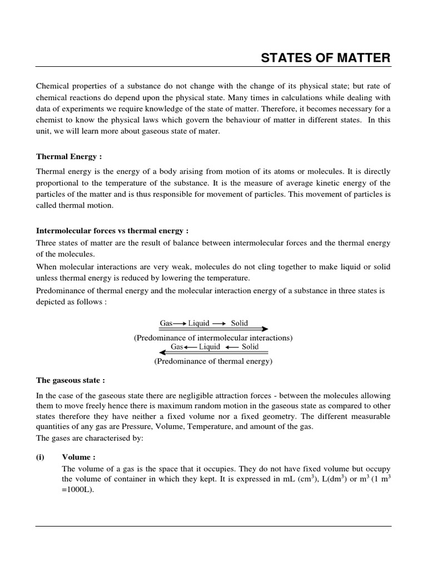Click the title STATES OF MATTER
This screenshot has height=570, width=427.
click(326, 58)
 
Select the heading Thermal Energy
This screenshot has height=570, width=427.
click(68, 156)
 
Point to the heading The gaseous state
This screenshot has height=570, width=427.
click(70, 380)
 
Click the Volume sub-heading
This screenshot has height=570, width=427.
click(78, 457)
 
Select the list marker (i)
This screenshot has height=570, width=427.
click(40, 457)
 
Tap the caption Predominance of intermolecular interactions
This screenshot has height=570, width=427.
click(213, 338)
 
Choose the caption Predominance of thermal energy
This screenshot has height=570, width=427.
click(213, 361)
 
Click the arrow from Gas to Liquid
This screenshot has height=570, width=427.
click(180, 323)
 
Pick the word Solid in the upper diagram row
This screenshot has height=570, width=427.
click(240, 323)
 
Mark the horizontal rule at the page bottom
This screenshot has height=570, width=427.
click(213, 526)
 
